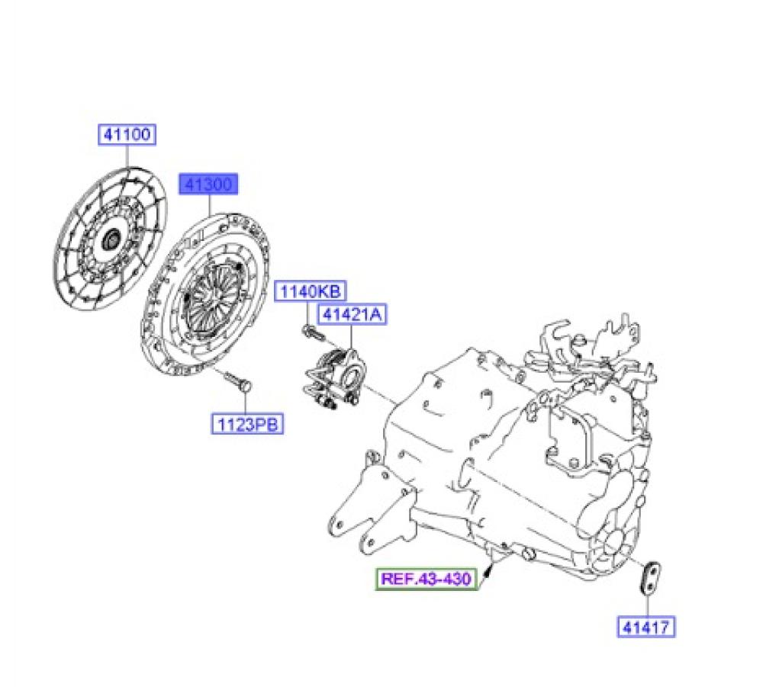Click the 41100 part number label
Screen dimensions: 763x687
[x=127, y=134]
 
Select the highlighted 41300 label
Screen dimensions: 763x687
[x=208, y=184]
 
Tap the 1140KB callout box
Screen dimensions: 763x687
[x=311, y=291]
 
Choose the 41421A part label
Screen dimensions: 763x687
[x=353, y=314]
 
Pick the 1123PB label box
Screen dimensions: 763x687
[x=248, y=424]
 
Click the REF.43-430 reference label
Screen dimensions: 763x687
[x=427, y=579]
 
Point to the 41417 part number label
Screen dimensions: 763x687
[x=646, y=627]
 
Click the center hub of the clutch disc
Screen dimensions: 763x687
[x=112, y=239]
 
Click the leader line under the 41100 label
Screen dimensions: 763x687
[x=127, y=156]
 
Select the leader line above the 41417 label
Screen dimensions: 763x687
[x=648, y=605]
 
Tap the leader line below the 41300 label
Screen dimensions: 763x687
[x=210, y=204]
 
